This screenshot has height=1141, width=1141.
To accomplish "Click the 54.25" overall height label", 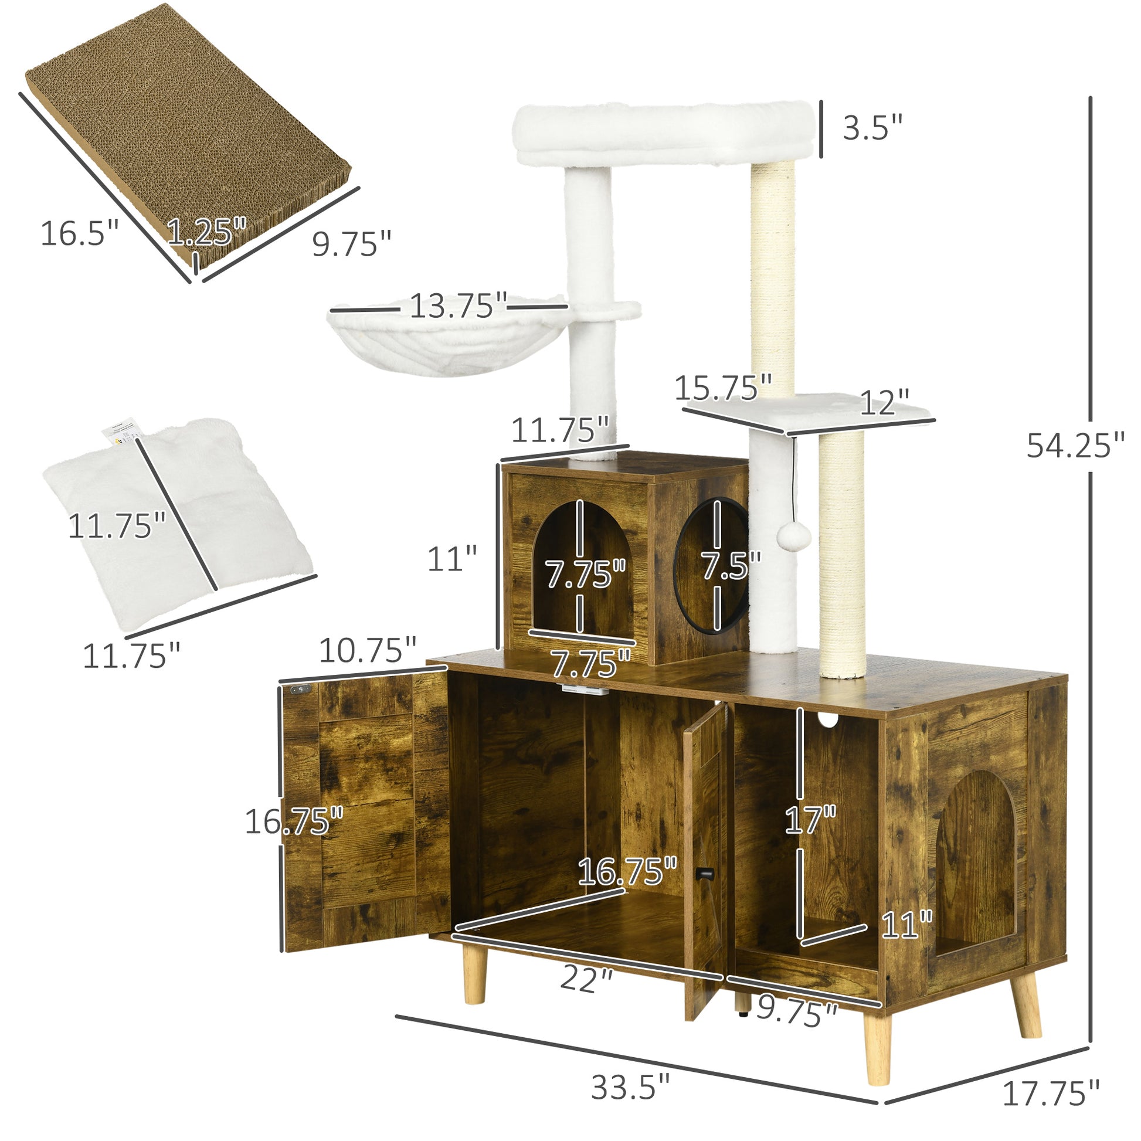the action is point(1075,445).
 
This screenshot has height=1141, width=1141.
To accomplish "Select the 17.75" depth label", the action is point(1051,1092).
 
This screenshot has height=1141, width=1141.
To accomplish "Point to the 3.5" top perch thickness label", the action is point(872,128).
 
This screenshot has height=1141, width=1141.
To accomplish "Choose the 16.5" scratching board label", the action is point(80,233).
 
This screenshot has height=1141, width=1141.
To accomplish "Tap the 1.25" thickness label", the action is point(206,231).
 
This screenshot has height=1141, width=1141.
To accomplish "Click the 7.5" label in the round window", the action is point(731,565).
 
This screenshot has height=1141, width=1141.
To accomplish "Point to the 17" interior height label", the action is point(810,820).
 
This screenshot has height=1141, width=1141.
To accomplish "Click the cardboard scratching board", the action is point(189,133).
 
